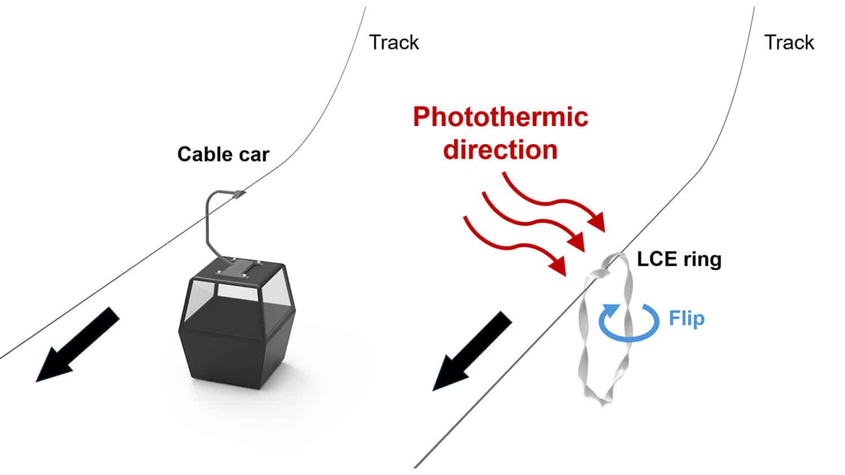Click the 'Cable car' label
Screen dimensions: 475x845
click(x=223, y=154)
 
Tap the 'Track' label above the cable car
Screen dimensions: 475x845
click(x=394, y=42)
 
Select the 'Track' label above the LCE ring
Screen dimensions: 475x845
click(x=789, y=42)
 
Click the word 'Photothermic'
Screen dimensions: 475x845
click(x=500, y=117)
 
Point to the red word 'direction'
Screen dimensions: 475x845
click(x=500, y=150)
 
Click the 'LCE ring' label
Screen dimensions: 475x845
click(x=679, y=259)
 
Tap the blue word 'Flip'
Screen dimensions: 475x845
click(x=686, y=319)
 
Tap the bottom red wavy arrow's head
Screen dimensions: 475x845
click(x=559, y=266)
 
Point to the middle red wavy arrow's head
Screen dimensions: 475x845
click(x=579, y=244)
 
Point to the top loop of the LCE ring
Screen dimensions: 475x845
click(x=614, y=262)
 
